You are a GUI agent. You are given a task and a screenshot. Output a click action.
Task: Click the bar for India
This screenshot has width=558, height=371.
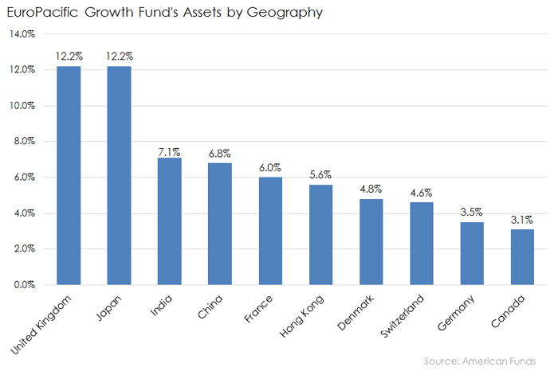point(169,221)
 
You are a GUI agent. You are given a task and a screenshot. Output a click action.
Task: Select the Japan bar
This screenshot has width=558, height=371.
point(119,175)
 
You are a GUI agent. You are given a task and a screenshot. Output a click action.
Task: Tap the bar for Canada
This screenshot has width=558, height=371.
point(522,257)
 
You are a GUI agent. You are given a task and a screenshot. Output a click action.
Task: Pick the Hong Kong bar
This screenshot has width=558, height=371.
point(320,235)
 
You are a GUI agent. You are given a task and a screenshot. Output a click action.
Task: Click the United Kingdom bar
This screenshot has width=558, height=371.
point(69,175)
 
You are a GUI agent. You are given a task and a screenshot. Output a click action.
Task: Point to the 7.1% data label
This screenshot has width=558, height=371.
point(169,152)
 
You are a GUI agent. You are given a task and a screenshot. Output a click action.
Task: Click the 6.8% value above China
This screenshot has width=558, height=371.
point(219,154)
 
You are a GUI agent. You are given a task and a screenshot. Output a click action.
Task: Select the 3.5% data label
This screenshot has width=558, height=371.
point(472,212)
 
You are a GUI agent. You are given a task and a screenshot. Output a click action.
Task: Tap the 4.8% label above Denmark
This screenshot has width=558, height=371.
point(371,189)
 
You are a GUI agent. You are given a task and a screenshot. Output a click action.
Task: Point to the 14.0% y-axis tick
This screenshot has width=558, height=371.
point(22,34)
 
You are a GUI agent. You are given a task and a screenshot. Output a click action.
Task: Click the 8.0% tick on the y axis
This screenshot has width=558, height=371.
point(24,141)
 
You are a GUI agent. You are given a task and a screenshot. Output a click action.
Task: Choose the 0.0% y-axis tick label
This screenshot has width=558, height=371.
point(24,285)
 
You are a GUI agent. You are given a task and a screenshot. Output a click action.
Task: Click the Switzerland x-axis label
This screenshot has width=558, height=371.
point(402,316)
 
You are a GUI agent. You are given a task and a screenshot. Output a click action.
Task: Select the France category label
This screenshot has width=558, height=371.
point(258,309)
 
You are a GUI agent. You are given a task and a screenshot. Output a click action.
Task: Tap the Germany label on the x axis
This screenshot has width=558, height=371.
point(456,313)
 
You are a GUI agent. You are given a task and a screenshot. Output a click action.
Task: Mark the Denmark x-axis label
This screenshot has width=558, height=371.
point(356,313)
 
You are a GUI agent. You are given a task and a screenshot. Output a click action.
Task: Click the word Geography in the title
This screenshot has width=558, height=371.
point(285,13)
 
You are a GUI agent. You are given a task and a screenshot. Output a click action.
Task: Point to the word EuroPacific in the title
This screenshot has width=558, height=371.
point(42,12)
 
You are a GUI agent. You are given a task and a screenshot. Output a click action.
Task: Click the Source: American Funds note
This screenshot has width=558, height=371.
point(480,361)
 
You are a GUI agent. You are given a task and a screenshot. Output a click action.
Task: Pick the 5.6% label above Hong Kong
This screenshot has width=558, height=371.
point(320,175)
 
